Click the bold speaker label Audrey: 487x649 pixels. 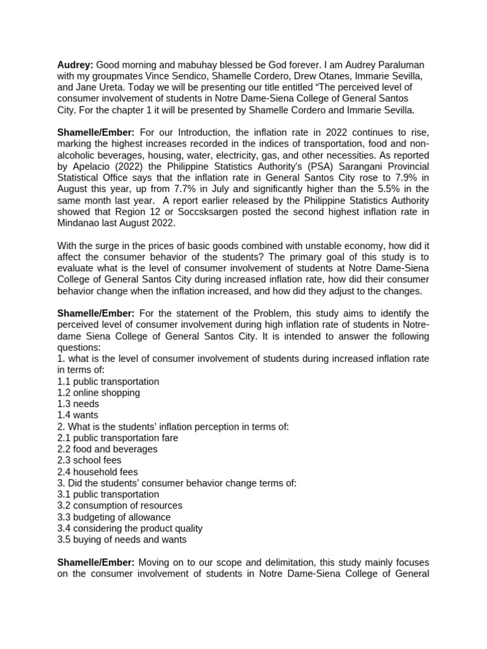click(75, 65)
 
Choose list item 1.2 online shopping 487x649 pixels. click(98, 392)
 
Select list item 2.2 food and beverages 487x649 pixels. click(107, 449)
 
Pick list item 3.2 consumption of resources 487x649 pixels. click(119, 505)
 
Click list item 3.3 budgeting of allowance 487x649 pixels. click(114, 517)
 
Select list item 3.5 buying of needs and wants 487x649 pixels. click(122, 539)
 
